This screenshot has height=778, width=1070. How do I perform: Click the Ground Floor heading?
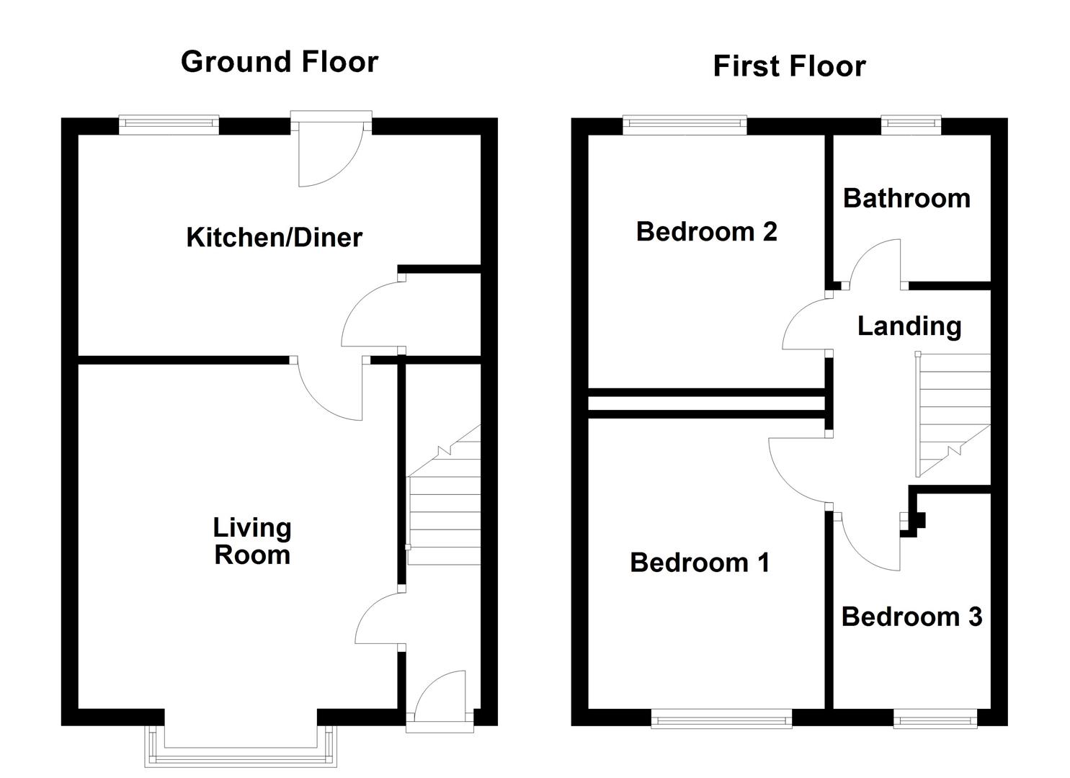click(280, 62)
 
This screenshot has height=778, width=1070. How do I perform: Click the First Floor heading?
click(789, 66)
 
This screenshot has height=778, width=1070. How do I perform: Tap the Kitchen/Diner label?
click(274, 237)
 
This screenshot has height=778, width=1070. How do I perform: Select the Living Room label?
click(252, 541)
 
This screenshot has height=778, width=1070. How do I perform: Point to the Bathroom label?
click(906, 198)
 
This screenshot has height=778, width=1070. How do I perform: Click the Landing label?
click(909, 326)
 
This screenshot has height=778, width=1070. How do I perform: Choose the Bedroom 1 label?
click(700, 562)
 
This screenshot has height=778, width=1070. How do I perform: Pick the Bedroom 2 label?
click(706, 231)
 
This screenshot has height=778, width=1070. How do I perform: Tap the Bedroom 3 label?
click(911, 617)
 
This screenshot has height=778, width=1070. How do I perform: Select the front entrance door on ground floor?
click(440, 699)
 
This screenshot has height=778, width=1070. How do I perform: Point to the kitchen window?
click(169, 125)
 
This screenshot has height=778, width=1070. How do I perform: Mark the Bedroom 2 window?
click(685, 125)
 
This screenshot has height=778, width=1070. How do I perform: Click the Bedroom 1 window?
click(721, 718)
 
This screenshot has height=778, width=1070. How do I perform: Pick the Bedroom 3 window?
click(935, 718)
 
